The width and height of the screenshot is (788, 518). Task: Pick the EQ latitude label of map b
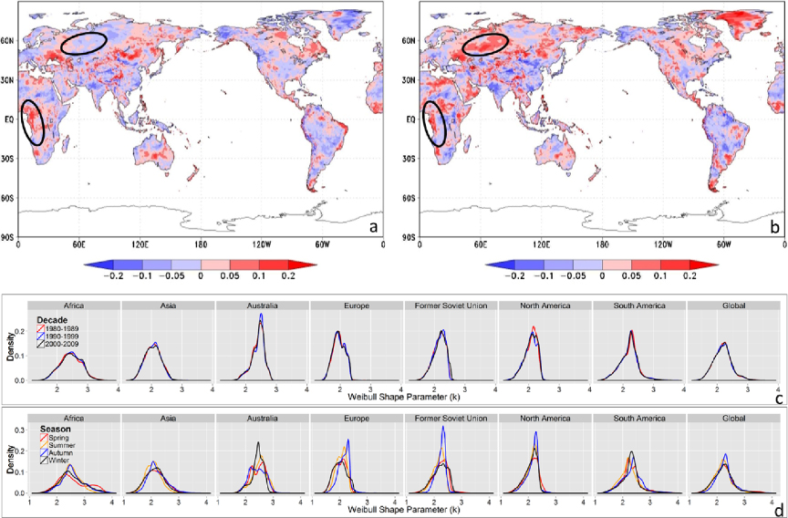tap(410, 119)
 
